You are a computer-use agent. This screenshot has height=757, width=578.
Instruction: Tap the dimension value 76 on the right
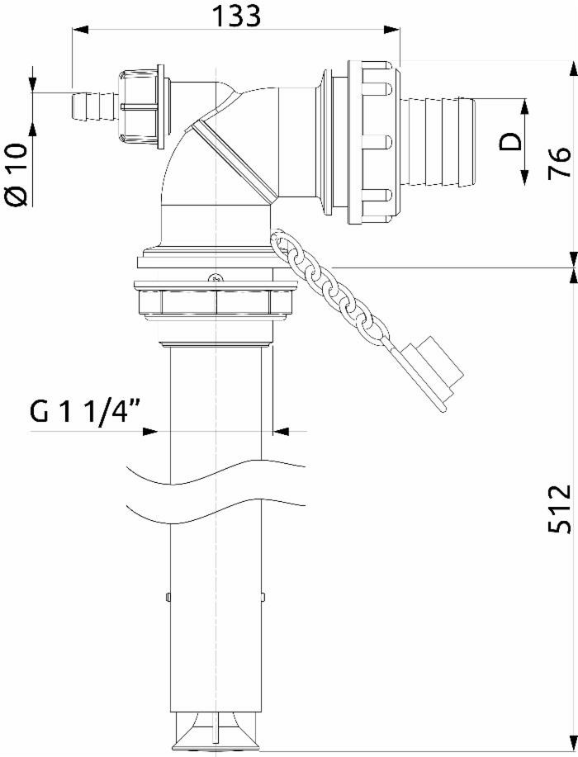click(559, 162)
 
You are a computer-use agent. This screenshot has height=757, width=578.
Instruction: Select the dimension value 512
click(559, 509)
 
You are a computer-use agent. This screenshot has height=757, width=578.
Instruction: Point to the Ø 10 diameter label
click(17, 173)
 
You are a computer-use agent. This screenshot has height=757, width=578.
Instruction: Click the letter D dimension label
click(512, 141)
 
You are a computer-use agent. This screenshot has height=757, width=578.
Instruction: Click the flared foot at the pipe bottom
click(216, 731)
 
